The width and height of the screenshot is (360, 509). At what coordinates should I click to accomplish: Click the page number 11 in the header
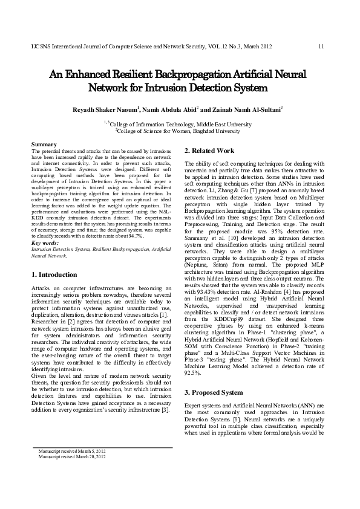coord(321,47)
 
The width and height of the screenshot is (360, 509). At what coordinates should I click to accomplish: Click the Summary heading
coord(44,144)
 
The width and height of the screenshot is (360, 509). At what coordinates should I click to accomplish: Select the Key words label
coord(44,242)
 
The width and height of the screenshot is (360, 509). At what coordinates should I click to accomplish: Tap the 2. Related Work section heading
coord(209,150)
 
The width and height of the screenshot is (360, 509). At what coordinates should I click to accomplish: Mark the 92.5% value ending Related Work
coord(194,373)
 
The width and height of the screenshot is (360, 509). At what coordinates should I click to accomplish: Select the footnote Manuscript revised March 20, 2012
coord(71,456)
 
